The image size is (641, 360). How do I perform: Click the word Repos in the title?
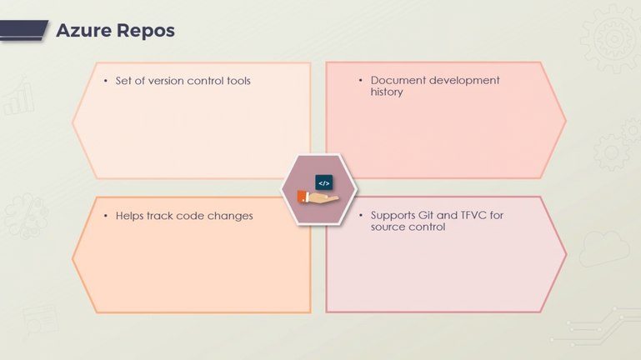pyautogui.click(x=146, y=31)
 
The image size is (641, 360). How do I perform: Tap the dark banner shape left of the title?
pyautogui.click(x=24, y=31)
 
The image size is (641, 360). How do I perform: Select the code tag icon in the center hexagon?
pyautogui.click(x=324, y=182)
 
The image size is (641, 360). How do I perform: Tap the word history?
pyautogui.click(x=387, y=92)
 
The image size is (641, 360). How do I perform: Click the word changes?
pyautogui.click(x=231, y=216)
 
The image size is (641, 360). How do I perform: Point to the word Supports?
pyautogui.click(x=393, y=216)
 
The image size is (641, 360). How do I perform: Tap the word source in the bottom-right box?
pyautogui.click(x=388, y=227)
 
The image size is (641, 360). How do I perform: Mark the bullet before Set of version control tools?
pyautogui.click(x=106, y=82)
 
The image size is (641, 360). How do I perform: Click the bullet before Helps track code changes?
pyautogui.click(x=106, y=216)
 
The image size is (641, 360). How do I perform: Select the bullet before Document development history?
pyautogui.click(x=361, y=81)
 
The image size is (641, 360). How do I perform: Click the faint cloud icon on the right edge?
pyautogui.click(x=603, y=247)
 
